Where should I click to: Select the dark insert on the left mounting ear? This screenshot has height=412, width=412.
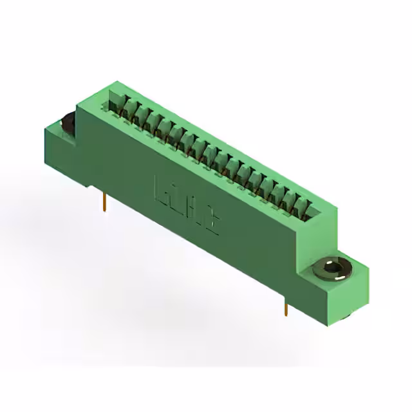[x=67, y=120]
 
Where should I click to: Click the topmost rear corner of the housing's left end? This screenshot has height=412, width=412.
[x=116, y=82]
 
